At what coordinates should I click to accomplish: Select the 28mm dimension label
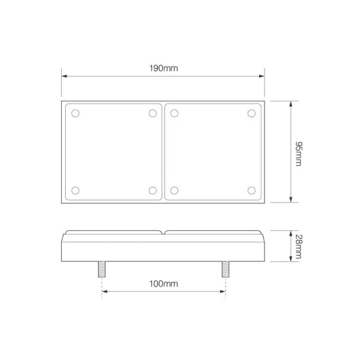299,246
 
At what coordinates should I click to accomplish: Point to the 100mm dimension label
164,284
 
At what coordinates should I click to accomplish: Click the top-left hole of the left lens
76,113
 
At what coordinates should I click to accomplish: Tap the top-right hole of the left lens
152,113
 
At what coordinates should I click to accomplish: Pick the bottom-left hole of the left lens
76,191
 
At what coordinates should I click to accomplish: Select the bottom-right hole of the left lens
152,191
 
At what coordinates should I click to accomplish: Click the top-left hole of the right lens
174,113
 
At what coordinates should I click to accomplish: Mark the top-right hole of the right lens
251,113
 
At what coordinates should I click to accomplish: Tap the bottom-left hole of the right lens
174,191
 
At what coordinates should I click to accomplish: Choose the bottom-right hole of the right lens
251,191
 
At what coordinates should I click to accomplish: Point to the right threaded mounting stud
225,269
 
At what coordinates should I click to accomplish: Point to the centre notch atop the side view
164,232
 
